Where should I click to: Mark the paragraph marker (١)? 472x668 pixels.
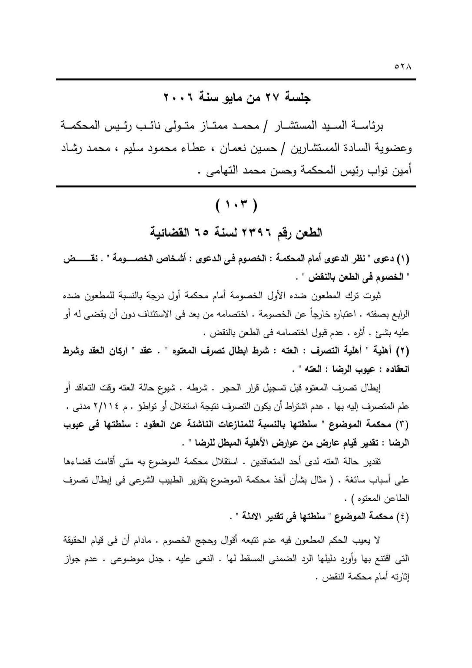pos(402,260)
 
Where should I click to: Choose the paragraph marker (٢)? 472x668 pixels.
pos(402,351)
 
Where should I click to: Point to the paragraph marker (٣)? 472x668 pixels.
pos(402,424)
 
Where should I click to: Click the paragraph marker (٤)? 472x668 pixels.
pos(402,517)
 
